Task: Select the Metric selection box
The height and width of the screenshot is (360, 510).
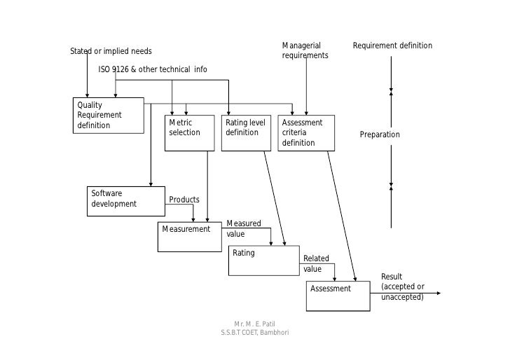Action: [189, 133]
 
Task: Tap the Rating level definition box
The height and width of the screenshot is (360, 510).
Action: [246, 133]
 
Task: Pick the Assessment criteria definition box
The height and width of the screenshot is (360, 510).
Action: [306, 133]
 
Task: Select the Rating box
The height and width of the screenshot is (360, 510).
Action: [264, 261]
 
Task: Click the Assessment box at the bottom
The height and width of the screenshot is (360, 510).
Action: [338, 296]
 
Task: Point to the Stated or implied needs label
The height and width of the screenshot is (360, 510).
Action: [111, 51]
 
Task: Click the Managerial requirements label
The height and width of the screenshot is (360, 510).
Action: [305, 50]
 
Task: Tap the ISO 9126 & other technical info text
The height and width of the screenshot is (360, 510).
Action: [152, 69]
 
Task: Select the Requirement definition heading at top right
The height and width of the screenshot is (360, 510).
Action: [392, 46]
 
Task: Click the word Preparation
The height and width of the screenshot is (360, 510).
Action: [380, 134]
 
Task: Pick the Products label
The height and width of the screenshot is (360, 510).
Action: [184, 200]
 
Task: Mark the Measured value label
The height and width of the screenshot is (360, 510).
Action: [244, 228]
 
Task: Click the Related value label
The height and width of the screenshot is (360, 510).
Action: [316, 263]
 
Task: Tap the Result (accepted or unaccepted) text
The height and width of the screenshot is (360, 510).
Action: [403, 286]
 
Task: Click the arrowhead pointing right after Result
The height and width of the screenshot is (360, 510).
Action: [438, 293]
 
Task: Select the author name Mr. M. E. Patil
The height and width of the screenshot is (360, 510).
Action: [254, 324]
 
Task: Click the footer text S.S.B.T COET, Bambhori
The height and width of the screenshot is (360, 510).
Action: [254, 332]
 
